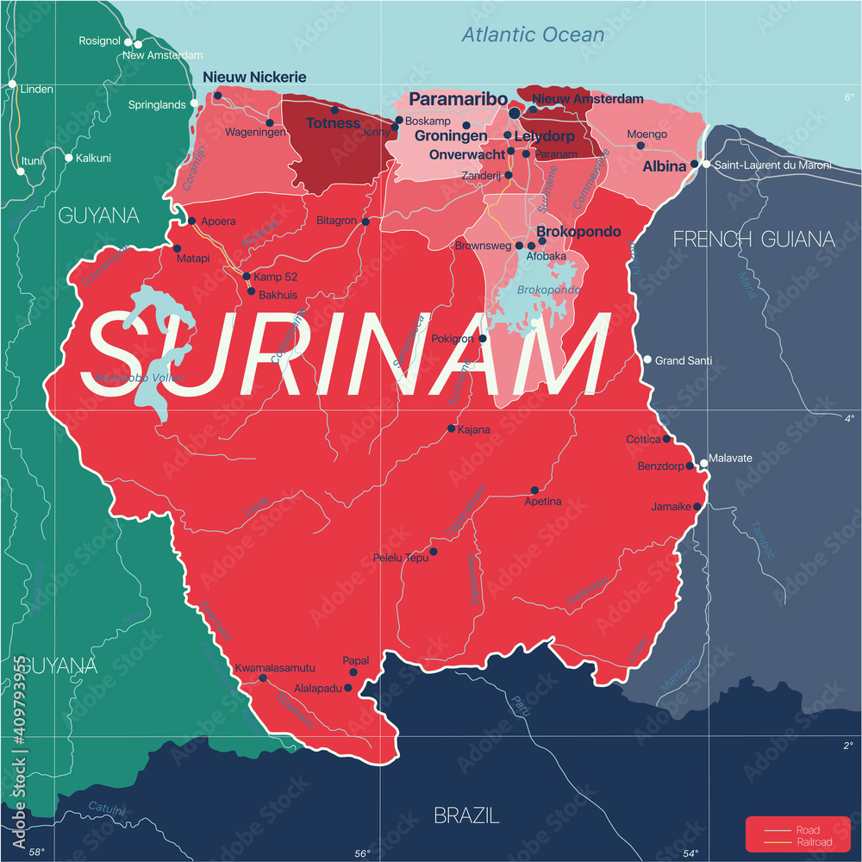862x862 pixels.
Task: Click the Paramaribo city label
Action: (x=458, y=99)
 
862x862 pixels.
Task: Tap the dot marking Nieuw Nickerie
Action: (x=218, y=96)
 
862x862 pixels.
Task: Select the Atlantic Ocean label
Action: (x=533, y=35)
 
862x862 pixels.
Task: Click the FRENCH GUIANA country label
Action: (x=753, y=239)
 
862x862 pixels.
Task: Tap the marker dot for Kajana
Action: (x=451, y=428)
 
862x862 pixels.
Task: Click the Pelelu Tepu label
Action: (x=401, y=558)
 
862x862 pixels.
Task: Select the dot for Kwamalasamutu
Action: (x=263, y=678)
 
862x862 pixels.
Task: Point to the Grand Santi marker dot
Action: (x=647, y=359)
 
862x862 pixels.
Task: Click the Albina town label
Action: (x=665, y=166)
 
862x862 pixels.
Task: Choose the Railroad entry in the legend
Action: (x=814, y=842)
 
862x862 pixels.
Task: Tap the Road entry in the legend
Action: (x=808, y=830)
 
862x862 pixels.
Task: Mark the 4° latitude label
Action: (x=848, y=419)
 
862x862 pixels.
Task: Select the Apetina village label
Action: (x=543, y=501)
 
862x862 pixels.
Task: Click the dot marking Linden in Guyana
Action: (x=12, y=84)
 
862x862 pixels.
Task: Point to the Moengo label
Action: (x=646, y=134)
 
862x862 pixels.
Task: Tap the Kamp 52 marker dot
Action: (x=247, y=277)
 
